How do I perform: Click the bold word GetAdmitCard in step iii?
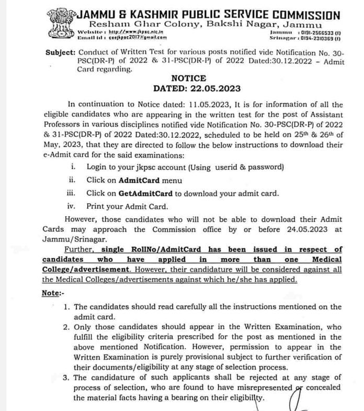145,193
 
